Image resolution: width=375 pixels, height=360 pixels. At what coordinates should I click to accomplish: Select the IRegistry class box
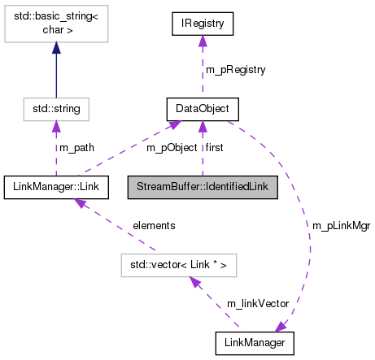(x=203, y=24)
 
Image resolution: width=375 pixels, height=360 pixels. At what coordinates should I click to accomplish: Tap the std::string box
(x=56, y=106)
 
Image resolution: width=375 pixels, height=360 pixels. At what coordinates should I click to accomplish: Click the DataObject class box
(x=203, y=106)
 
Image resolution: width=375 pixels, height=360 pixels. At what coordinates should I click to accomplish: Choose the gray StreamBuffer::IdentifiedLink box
(x=202, y=188)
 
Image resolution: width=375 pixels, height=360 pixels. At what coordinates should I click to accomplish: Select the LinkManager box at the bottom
(x=255, y=342)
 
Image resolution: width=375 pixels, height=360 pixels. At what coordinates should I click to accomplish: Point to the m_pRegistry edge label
(x=235, y=70)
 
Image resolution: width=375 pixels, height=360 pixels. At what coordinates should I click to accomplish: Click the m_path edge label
(x=76, y=147)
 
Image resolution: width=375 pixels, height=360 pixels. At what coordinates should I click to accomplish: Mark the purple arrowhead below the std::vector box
(x=194, y=281)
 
